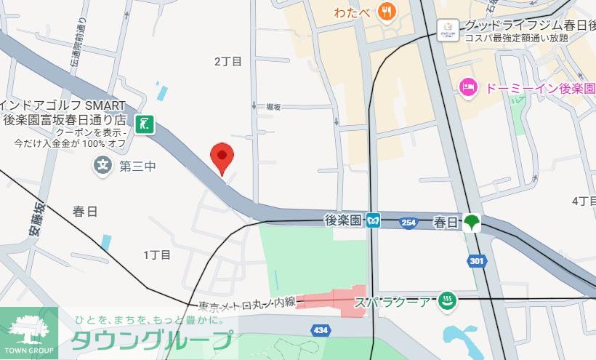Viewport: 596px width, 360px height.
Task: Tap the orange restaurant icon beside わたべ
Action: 386,12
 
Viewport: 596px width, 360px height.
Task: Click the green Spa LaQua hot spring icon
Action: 448,300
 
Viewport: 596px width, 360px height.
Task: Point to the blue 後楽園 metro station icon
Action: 373,220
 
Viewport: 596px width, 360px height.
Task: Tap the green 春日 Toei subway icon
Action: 472,220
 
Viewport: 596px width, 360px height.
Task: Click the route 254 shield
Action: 409,223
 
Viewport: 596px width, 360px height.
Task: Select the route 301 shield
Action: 477,260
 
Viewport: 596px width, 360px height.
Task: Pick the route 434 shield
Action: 321,330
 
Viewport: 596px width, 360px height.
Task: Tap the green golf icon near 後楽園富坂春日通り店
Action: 146,125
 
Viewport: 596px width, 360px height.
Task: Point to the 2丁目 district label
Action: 227,61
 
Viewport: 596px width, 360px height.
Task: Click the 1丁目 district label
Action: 157,255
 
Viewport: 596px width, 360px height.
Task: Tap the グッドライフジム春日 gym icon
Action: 447,28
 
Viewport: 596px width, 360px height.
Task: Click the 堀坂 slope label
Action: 274,105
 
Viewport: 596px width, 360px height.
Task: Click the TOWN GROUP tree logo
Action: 29,329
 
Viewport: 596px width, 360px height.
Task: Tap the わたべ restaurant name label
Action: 353,12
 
